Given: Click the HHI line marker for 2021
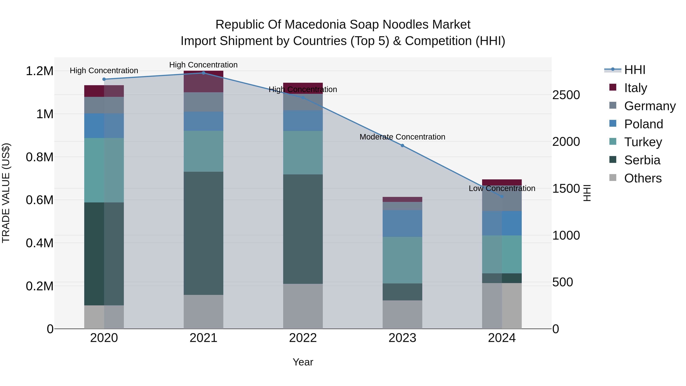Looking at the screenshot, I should (204, 73).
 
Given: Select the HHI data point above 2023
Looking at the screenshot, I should (402, 145).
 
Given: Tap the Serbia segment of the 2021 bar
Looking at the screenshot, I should (204, 233).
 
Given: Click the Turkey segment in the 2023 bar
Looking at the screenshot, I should (402, 260).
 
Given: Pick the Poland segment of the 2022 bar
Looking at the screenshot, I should (303, 121).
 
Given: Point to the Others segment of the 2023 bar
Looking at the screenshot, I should (402, 314).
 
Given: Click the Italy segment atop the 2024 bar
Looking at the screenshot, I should (502, 182).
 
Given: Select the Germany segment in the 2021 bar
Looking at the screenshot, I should (204, 102).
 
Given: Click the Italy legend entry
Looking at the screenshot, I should (635, 88).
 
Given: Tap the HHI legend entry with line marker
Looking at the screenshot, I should (625, 70).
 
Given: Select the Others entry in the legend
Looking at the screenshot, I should (642, 178).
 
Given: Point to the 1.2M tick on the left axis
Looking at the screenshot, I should (39, 71).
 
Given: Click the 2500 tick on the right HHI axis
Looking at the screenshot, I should (566, 95).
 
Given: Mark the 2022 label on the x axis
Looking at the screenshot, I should (303, 338).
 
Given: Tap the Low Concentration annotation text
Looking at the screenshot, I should (502, 188).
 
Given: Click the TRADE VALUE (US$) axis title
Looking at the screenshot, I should (6, 193).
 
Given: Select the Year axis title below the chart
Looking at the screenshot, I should (303, 362).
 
